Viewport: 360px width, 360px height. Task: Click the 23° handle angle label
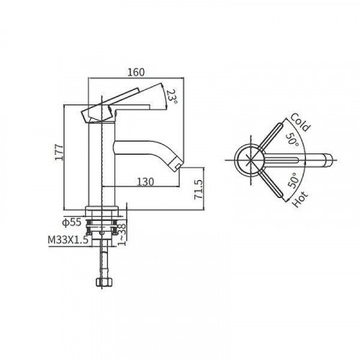click(x=171, y=96)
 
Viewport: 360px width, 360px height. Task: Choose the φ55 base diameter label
click(x=71, y=223)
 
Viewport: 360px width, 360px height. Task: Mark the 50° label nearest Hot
click(x=293, y=180)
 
